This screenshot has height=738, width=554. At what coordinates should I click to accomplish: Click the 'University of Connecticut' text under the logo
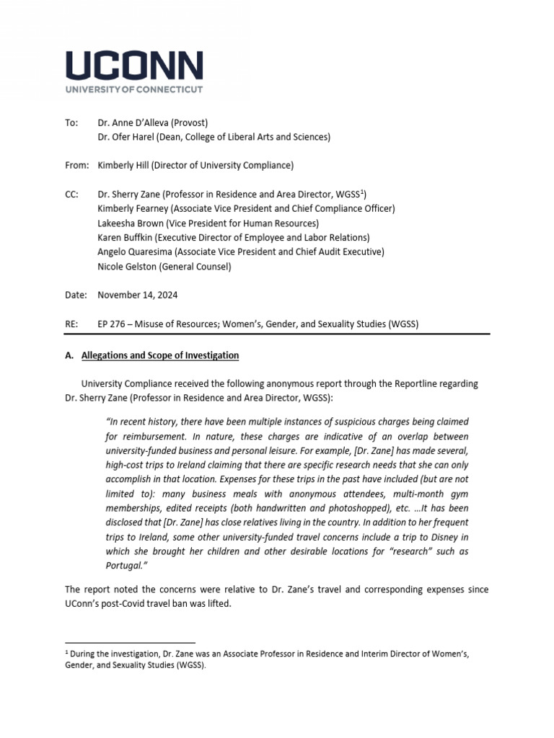point(134,89)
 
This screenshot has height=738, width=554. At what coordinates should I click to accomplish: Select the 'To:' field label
point(71,123)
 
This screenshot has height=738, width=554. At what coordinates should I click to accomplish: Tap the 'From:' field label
point(76,165)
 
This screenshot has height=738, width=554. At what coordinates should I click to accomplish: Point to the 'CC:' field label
point(71,194)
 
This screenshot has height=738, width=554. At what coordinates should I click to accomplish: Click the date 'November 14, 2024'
point(138,295)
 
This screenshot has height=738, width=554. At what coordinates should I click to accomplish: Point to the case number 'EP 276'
point(112,324)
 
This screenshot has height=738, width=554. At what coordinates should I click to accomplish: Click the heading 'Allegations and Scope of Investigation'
point(160,355)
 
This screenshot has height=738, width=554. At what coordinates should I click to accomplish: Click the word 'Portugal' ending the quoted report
point(126,566)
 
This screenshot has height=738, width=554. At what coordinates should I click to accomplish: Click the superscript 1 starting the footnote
point(67,652)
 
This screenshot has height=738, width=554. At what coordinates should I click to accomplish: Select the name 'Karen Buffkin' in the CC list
point(126,237)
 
